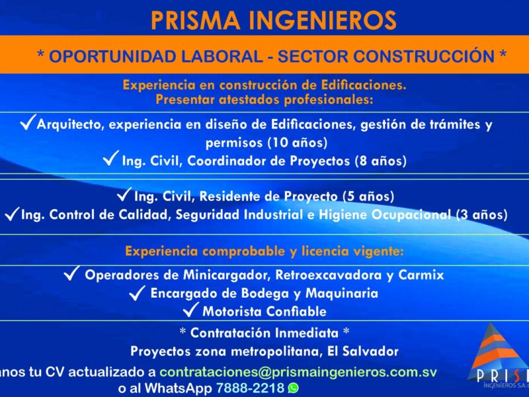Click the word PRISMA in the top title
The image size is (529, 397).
click(195, 21)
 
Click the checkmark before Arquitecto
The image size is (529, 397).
click(28, 122)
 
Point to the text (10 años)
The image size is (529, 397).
click(297, 142)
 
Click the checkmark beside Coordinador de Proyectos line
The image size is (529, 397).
click(111, 158)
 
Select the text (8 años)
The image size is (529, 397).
click(381, 161)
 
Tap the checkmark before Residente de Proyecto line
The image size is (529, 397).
click(124, 194)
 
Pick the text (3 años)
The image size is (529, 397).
click(481, 214)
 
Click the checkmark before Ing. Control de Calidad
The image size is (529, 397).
click(12, 214)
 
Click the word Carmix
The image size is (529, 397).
click(421, 275)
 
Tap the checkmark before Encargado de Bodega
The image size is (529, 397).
click(138, 292)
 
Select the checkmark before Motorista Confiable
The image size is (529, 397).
click(190, 310)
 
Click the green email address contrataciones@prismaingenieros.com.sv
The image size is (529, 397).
click(298, 372)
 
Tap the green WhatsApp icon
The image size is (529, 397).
click(294, 388)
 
